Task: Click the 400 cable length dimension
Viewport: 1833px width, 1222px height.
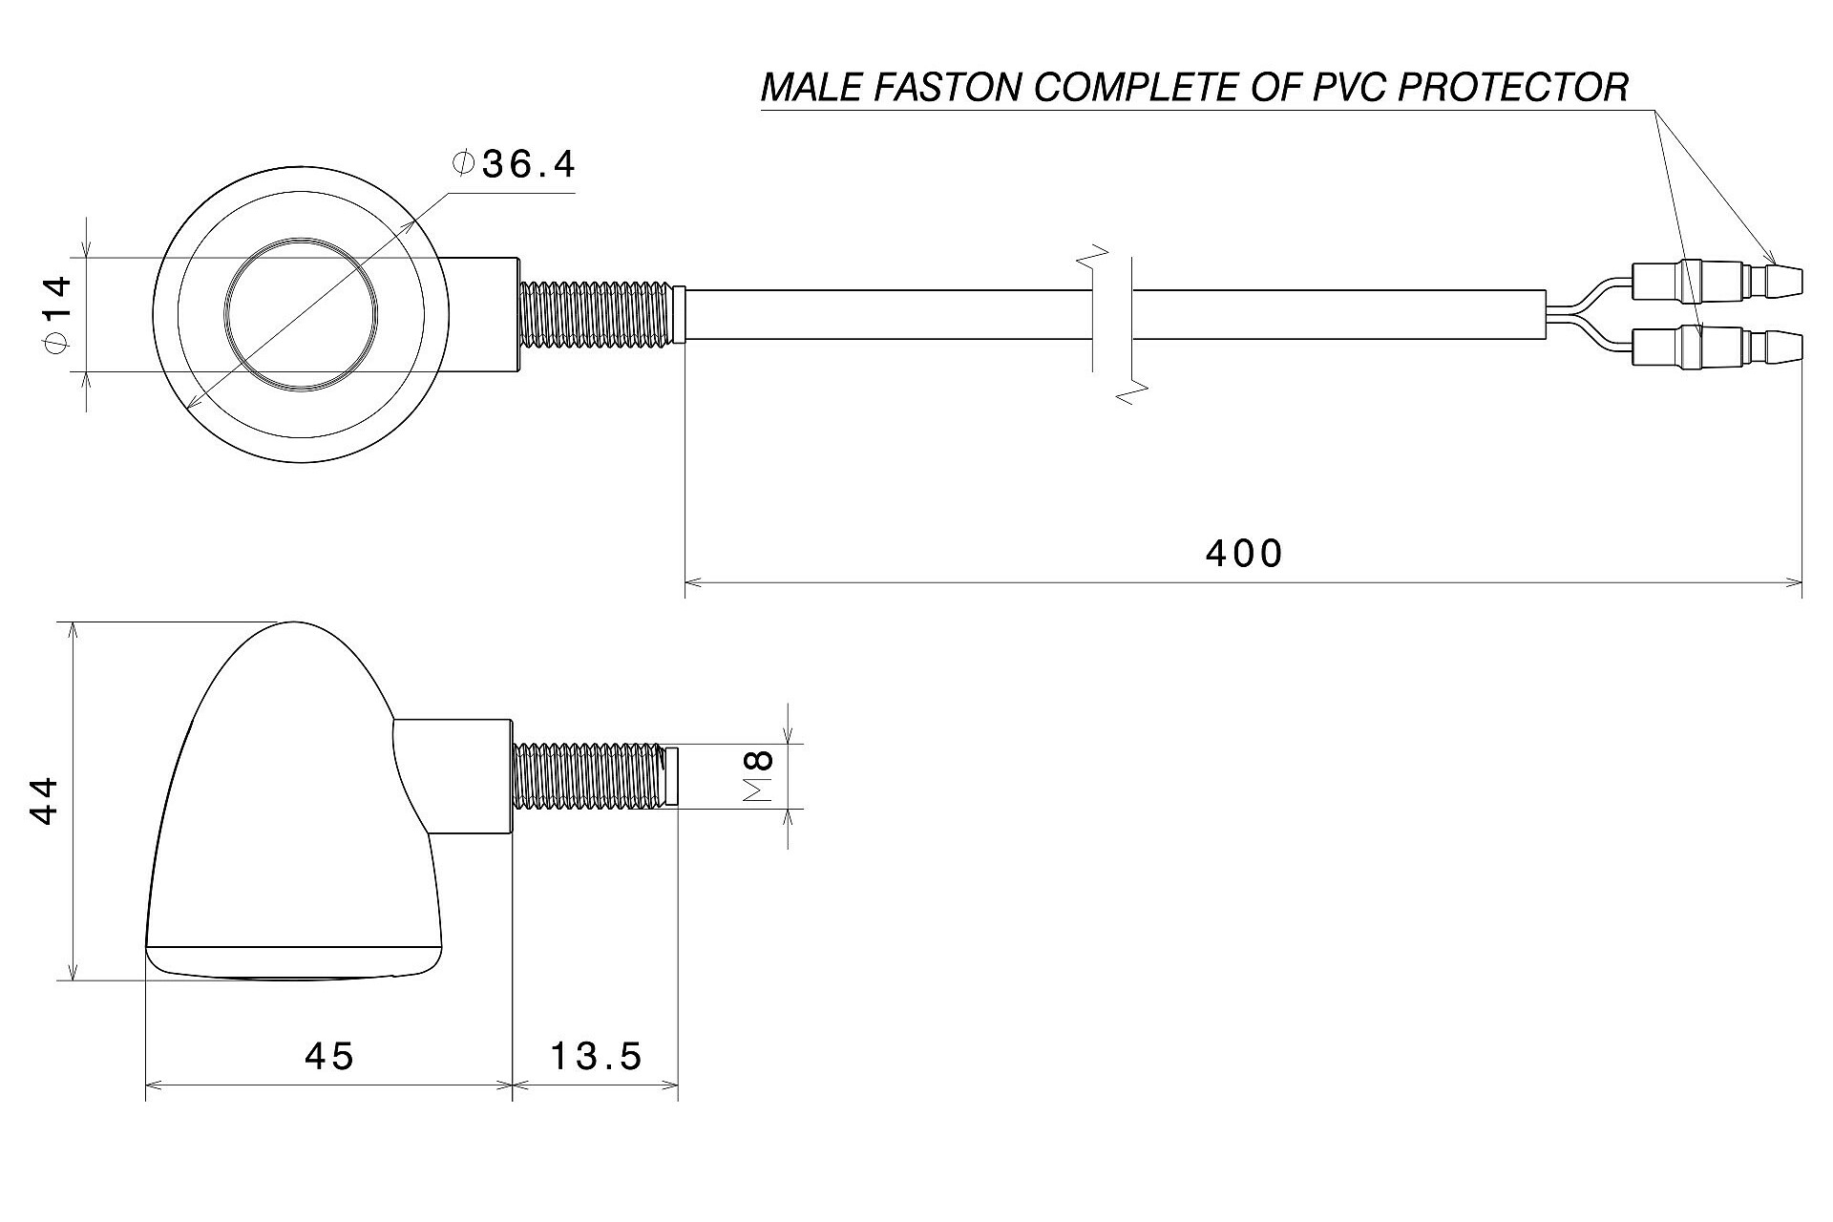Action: [x=1243, y=554]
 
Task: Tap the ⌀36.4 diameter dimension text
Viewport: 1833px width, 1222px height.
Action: [x=516, y=165]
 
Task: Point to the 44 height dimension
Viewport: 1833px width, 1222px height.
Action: [x=44, y=801]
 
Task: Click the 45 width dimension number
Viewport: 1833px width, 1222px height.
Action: [x=329, y=1056]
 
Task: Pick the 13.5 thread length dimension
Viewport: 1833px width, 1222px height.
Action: [x=596, y=1056]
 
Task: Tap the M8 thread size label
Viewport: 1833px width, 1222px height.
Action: [x=759, y=775]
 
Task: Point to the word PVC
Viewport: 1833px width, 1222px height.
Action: [x=1334, y=88]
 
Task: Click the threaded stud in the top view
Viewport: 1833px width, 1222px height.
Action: [x=599, y=313]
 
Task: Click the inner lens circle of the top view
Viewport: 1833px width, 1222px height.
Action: [x=301, y=313]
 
